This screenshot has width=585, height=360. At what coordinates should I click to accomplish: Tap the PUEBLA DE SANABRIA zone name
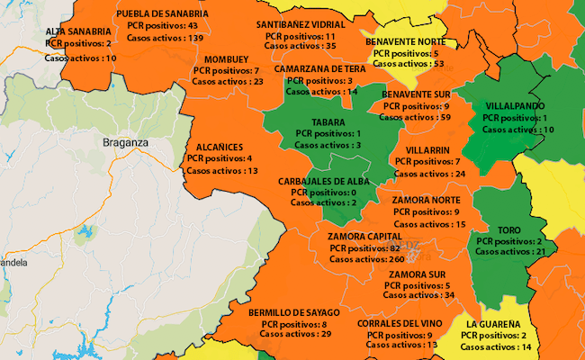163,14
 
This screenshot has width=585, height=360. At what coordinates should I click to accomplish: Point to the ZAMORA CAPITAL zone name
365,236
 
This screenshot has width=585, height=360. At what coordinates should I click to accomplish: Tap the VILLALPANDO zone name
514,106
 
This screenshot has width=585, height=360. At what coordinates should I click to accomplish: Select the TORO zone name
508,229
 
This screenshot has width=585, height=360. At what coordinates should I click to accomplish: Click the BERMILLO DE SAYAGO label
294,311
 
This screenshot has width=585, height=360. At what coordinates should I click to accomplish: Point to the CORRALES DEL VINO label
399,323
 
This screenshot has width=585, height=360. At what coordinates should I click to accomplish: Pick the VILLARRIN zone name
427,150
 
